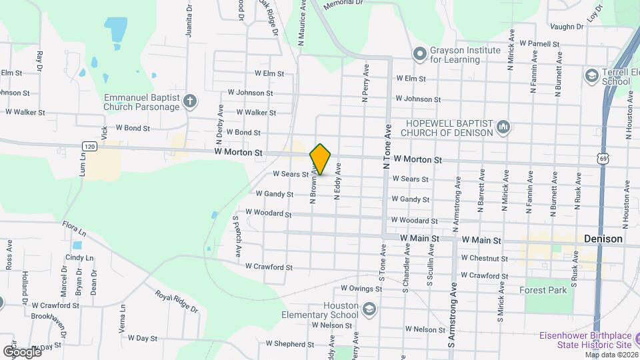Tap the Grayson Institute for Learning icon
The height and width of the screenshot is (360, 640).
click(x=419, y=53)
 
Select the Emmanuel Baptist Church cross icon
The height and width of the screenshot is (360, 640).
click(x=190, y=101)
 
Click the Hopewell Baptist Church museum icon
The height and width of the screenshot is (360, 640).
click(x=503, y=127)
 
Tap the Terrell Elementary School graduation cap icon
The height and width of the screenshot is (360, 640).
click(x=591, y=76)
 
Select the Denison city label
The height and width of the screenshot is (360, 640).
click(x=603, y=239)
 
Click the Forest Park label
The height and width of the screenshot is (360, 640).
click(x=543, y=290)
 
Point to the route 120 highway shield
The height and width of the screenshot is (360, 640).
click(x=90, y=145)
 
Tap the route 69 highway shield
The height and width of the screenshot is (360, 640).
click(x=603, y=158)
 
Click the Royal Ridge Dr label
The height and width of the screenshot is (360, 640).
click(x=177, y=301)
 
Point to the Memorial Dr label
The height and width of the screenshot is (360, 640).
click(x=343, y=4)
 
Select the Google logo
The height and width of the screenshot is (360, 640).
click(x=22, y=351)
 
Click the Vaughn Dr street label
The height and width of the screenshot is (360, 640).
click(x=567, y=27)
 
